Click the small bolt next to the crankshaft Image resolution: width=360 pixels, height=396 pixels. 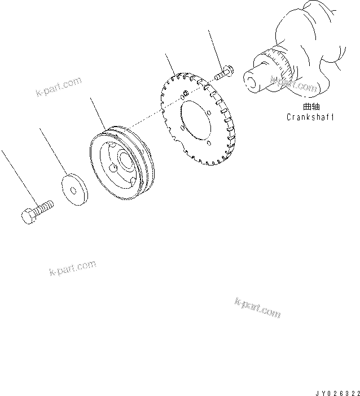pyautogui.click(x=223, y=73)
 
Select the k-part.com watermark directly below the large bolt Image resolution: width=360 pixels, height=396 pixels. pyautogui.click(x=72, y=267)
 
